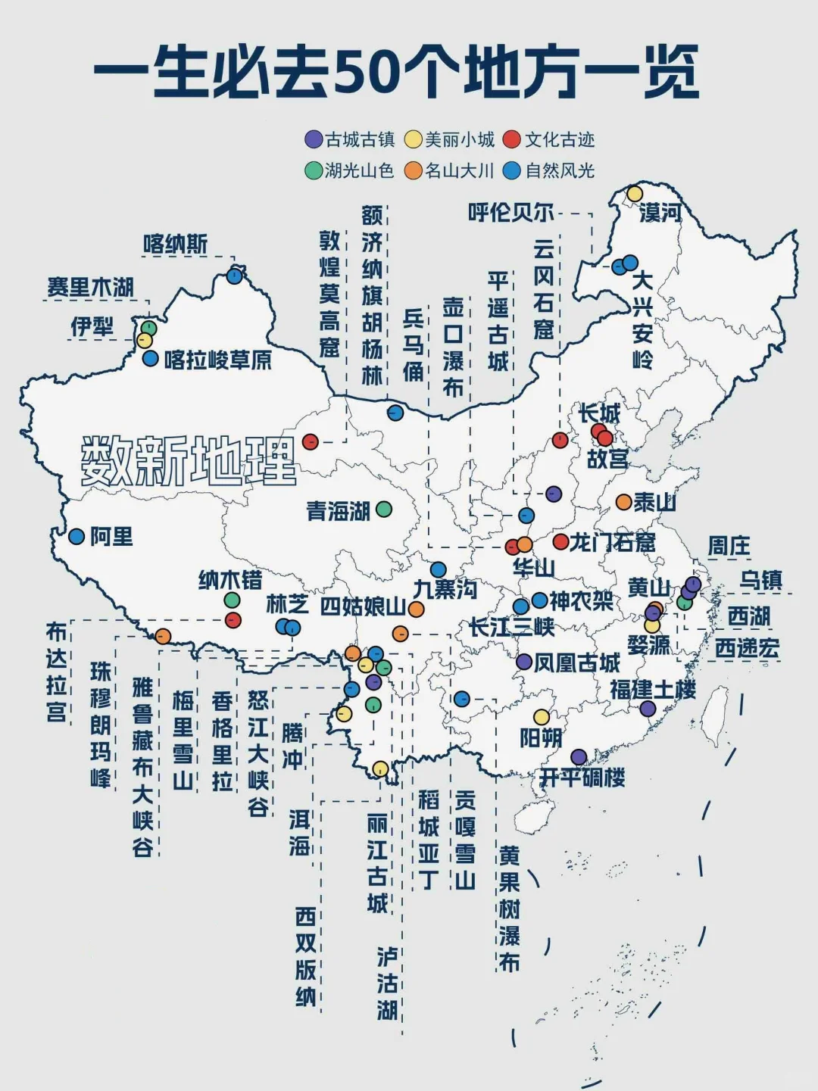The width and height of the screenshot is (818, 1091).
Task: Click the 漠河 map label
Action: tap(660, 214)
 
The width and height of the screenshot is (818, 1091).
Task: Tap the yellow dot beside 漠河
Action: tap(635, 195)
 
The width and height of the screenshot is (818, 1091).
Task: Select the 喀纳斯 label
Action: tap(175, 245)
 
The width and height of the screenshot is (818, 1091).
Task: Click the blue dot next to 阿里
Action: tap(76, 536)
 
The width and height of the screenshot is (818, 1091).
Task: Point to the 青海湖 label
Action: tap(338, 511)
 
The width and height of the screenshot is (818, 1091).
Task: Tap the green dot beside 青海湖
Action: tap(384, 510)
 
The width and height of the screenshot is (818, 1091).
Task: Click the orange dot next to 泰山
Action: tap(623, 502)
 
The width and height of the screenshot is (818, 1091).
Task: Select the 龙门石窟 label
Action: tap(612, 542)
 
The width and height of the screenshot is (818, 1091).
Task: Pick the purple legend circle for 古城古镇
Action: tap(314, 139)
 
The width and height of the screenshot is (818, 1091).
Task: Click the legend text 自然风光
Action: tap(560, 171)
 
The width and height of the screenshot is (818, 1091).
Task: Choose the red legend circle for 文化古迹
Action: tap(513, 139)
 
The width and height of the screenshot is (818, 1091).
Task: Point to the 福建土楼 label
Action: tap(653, 690)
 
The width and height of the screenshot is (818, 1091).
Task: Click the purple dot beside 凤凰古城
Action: tap(524, 662)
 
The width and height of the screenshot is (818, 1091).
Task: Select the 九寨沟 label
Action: tap(445, 588)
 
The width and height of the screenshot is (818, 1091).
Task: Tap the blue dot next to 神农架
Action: tap(539, 600)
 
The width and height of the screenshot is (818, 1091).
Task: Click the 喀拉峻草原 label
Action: tap(218, 360)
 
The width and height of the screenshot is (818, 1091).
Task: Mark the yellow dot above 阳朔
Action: tap(542, 716)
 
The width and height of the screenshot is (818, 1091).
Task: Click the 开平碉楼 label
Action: tap(582, 778)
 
